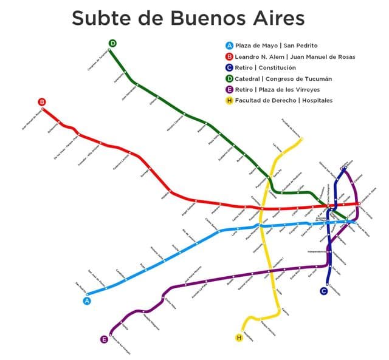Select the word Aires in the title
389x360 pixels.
pos(278,18)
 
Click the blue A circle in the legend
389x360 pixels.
pos(229,46)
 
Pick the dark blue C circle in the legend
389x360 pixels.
pos(229,67)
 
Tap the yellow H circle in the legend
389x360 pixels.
pos(229,100)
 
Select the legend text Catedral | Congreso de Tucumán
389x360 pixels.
pos(283,78)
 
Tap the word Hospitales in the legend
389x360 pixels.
pos(316,100)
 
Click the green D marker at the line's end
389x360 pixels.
pos(112,43)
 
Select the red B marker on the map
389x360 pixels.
pos(42,102)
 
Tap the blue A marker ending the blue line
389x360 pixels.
pos(87,300)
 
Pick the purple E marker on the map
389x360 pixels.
pos(105,339)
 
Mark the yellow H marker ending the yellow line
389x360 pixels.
pos(239,338)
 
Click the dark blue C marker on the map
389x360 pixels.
pos(324,291)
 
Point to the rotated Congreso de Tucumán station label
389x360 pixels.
pos(98,59)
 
